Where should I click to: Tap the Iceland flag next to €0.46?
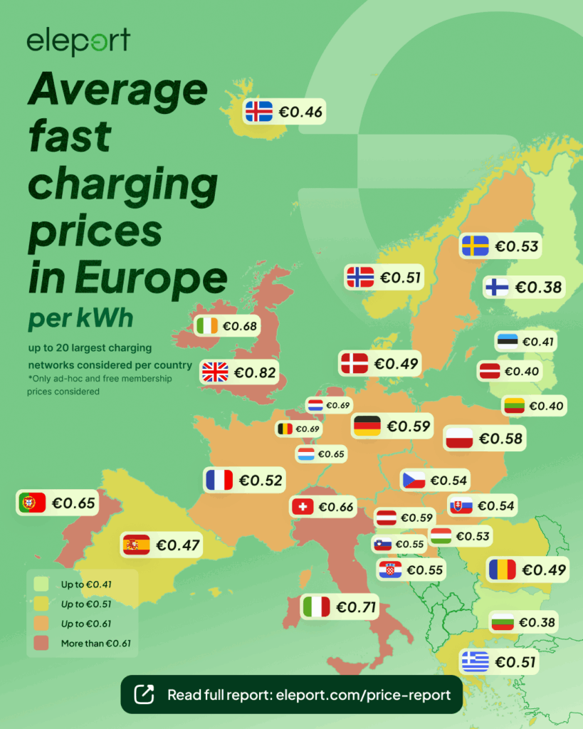click(x=258, y=112)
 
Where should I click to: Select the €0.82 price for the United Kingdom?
click(x=256, y=372)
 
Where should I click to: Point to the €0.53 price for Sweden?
click(x=517, y=246)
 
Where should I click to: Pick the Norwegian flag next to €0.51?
click(x=359, y=277)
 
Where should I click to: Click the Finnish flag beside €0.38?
click(x=496, y=287)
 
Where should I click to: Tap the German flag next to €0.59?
click(x=367, y=426)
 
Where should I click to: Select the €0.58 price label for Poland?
click(x=500, y=439)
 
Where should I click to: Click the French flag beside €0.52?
click(x=219, y=480)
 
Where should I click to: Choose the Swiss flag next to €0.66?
click(x=303, y=507)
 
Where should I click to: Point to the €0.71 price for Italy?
click(x=356, y=607)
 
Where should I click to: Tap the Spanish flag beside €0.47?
click(x=136, y=545)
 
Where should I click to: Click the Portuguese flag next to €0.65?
click(x=32, y=503)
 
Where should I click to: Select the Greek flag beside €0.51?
click(x=475, y=662)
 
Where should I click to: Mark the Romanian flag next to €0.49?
click(x=502, y=570)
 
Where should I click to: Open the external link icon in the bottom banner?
click(x=144, y=694)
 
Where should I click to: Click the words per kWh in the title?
click(x=80, y=318)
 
